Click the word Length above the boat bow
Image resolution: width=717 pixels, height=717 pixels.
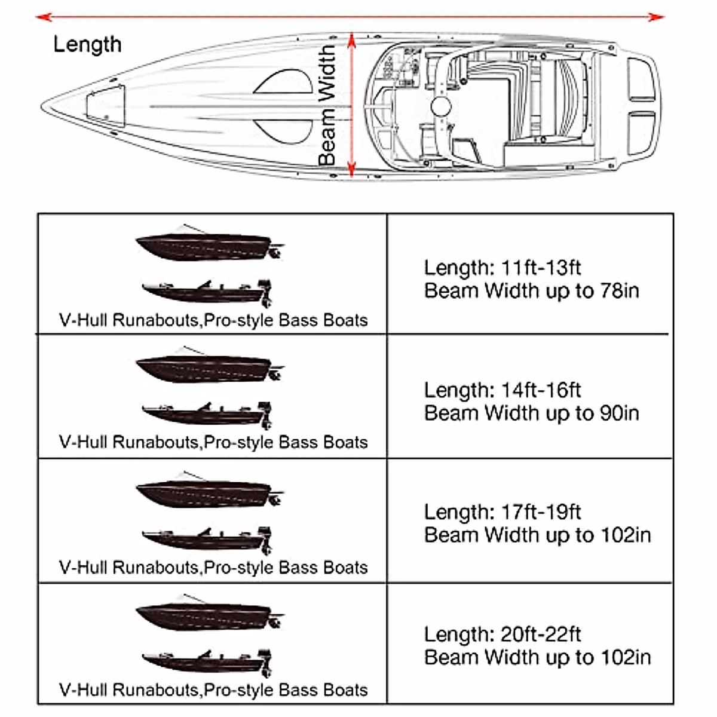point(87,44)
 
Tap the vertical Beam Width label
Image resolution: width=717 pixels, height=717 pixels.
point(327,106)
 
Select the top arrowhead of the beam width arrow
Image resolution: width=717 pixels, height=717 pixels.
point(351,39)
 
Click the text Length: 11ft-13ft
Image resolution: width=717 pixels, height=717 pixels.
point(502,268)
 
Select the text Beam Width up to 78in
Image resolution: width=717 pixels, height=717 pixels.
point(531,291)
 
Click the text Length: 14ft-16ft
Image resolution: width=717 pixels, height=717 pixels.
point(502,390)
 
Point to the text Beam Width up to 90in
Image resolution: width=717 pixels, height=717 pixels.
point(531,413)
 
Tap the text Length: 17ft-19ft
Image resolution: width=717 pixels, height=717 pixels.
point(502,512)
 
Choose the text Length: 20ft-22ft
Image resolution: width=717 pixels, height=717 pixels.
point(502,634)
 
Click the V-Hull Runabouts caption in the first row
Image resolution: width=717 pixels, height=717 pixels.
point(213,320)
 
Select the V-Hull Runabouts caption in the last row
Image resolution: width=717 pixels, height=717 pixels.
point(213,690)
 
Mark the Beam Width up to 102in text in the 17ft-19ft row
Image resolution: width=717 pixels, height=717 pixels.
point(537,535)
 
